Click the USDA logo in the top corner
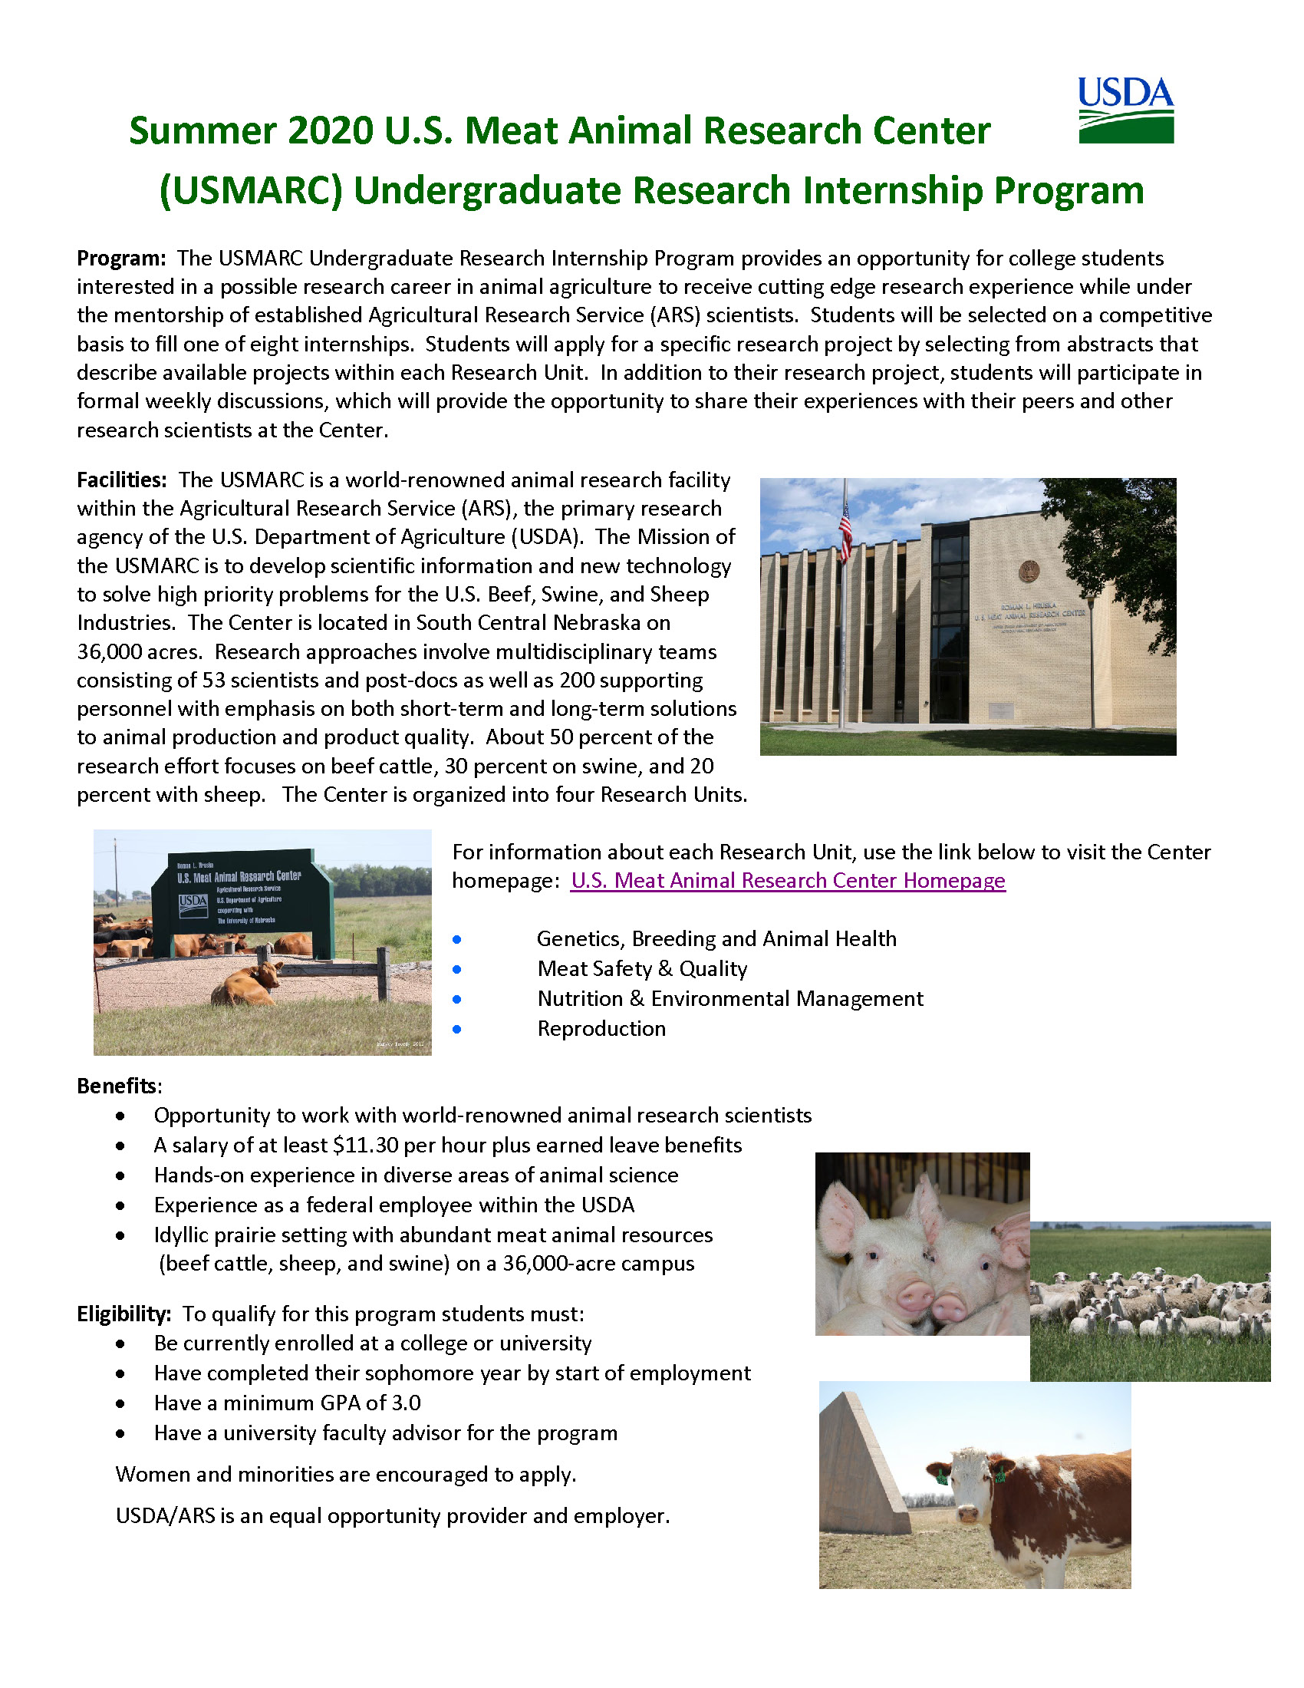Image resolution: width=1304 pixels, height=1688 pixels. tap(1125, 110)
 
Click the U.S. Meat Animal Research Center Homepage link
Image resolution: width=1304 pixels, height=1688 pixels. tap(787, 880)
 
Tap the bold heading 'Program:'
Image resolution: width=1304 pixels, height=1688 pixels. tap(120, 258)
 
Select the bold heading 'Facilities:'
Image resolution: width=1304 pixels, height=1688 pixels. tap(121, 480)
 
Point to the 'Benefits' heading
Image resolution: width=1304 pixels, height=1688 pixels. tap(116, 1086)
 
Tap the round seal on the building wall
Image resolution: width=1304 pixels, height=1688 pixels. tap(1028, 571)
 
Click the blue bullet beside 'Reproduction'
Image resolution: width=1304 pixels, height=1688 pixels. tap(457, 1029)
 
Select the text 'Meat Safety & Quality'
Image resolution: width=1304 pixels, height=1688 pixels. tap(642, 968)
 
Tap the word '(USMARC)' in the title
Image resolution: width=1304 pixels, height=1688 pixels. tap(250, 191)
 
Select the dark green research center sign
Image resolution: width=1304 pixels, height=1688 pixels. tap(242, 901)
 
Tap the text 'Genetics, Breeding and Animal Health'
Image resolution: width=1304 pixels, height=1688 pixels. tap(716, 938)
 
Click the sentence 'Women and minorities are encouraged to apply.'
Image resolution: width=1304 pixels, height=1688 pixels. tap(345, 1474)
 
